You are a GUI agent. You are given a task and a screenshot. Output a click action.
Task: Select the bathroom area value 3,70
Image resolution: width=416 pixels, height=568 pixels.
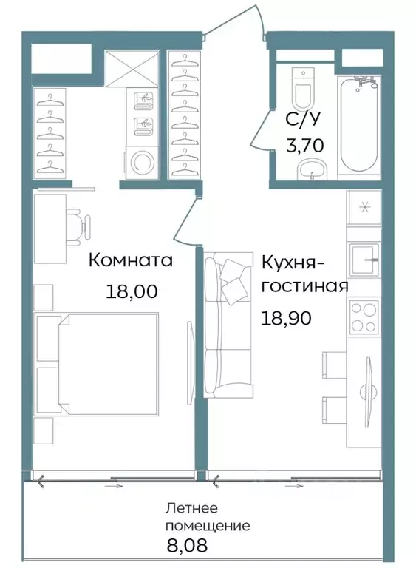[304, 145]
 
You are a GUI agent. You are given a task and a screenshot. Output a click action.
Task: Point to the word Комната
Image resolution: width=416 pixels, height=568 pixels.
[131, 260]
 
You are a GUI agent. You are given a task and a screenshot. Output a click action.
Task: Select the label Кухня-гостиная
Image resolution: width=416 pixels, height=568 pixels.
[304, 274]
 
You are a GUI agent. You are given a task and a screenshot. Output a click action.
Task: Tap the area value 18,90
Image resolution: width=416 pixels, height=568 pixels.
[284, 318]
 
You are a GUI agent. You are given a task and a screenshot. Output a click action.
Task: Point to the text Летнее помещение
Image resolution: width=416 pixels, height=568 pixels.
[208, 517]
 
